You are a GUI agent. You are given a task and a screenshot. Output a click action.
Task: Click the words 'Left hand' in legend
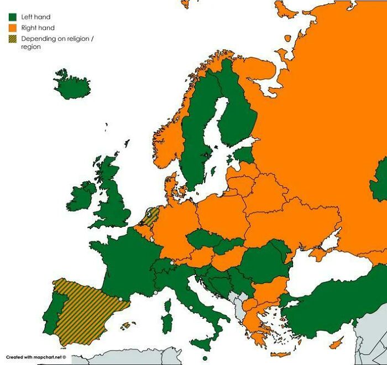click(36, 17)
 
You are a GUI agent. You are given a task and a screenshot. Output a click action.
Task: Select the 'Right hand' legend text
click(38, 28)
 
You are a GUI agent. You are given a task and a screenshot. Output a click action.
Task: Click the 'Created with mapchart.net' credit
click(36, 357)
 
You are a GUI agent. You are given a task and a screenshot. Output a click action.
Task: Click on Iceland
click(72, 86)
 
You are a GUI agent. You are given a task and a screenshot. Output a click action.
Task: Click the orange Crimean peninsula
click(320, 254)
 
